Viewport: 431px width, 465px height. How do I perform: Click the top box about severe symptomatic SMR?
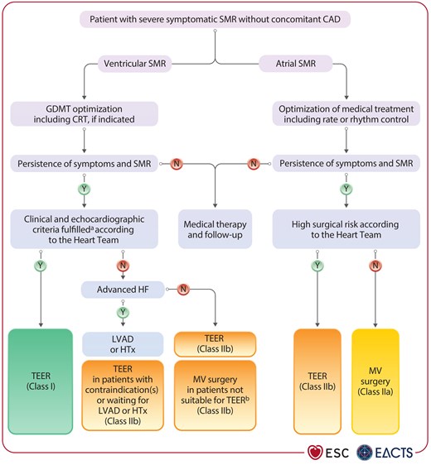coord(215,18)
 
